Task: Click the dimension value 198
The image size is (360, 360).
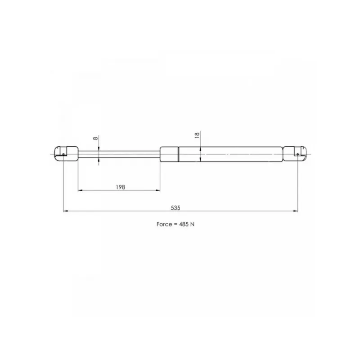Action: coord(121,187)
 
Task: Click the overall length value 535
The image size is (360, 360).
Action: coord(175,208)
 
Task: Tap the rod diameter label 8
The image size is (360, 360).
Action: coord(95,138)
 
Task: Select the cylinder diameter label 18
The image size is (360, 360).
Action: coord(197,135)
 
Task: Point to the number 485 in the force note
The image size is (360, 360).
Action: coord(184,224)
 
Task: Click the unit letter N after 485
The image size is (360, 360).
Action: coord(193,224)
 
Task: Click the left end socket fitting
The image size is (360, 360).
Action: coord(66,154)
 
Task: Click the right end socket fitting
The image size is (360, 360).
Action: coord(295,154)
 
